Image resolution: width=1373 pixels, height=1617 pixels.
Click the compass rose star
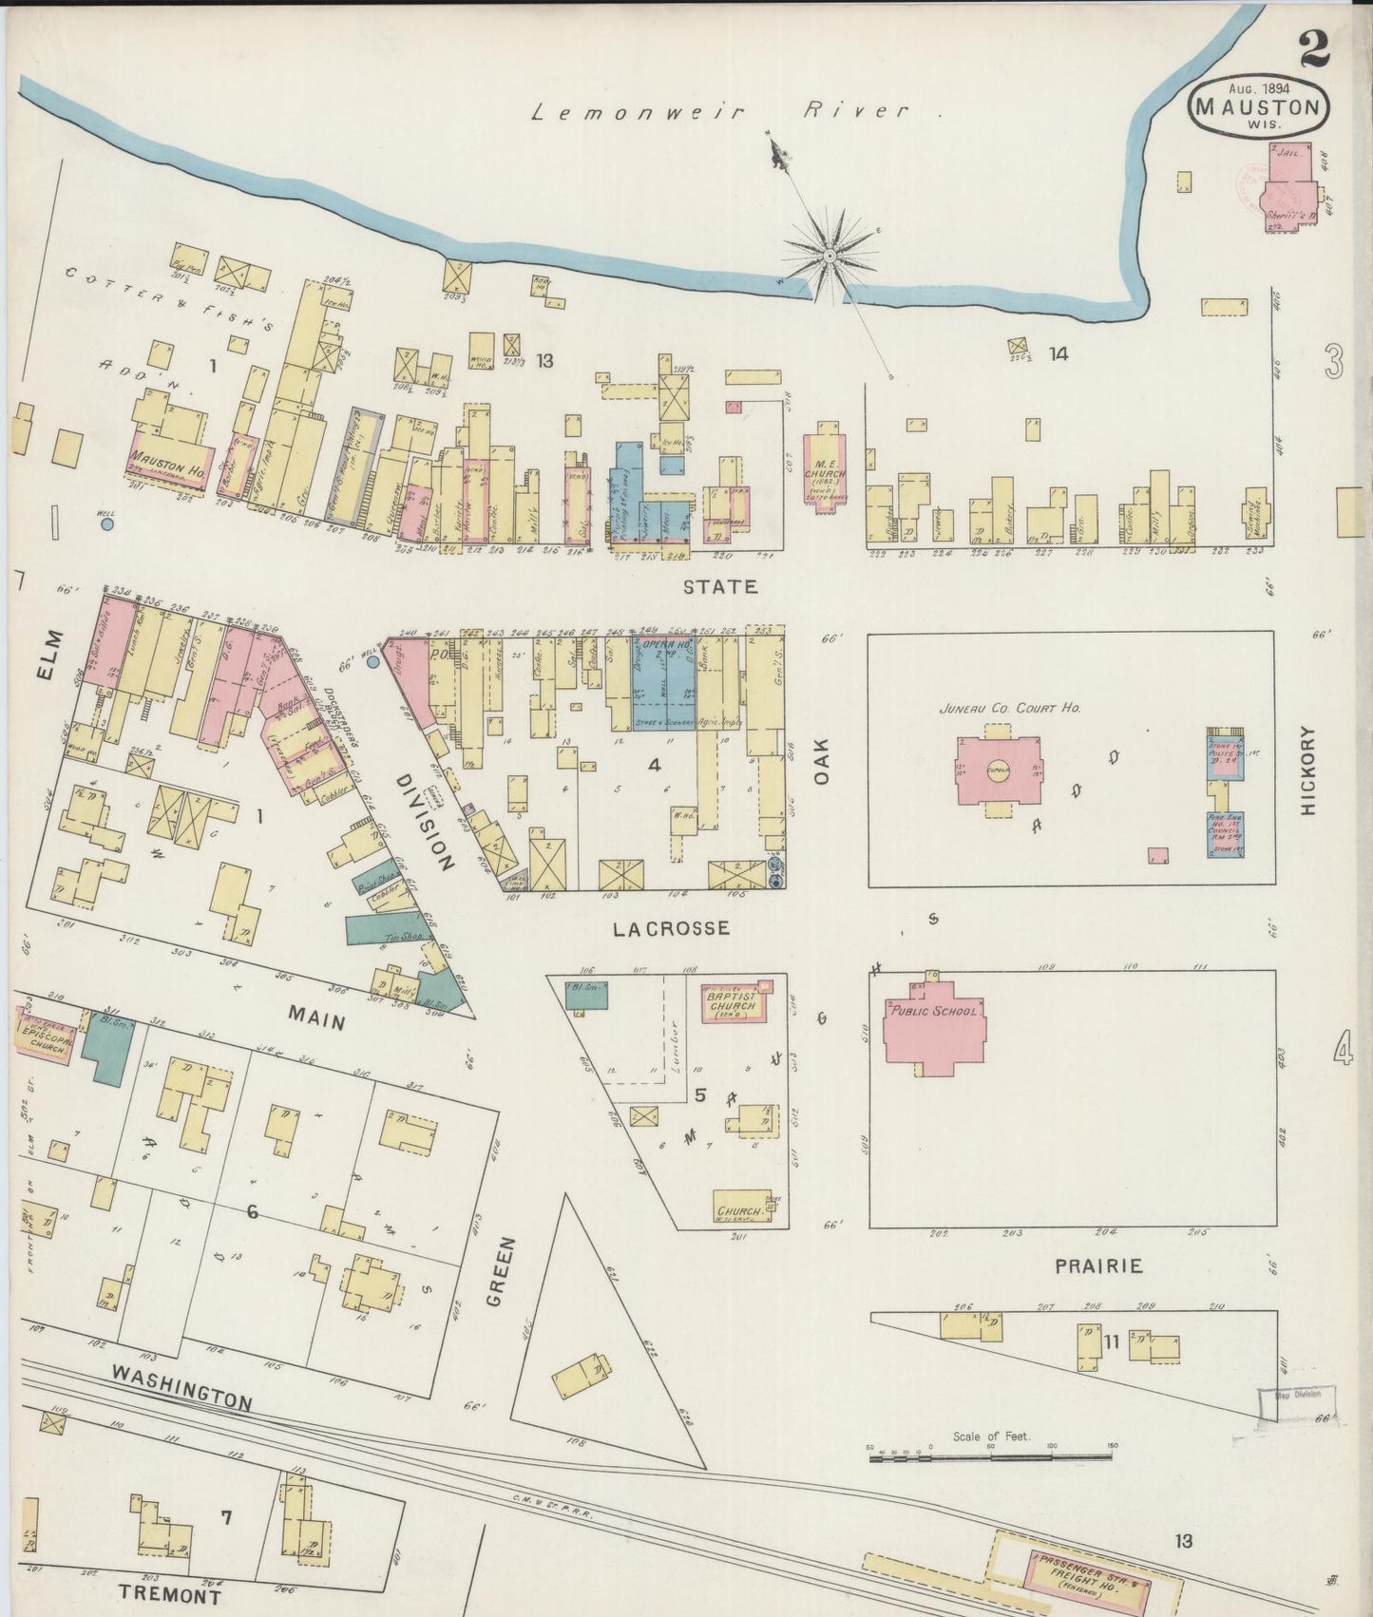pos(830,256)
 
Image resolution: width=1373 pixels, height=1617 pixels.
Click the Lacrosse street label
pos(672,928)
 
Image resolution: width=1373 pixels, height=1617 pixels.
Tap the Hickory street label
pos(1311,770)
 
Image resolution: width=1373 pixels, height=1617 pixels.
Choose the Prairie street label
pos(1096,1266)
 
